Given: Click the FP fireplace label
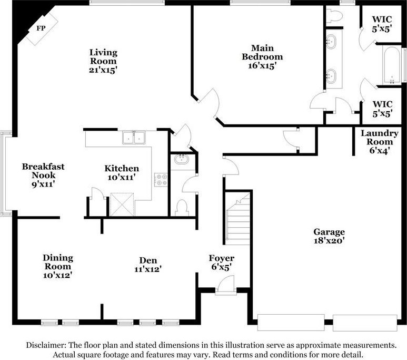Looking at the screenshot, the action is (x=41, y=28).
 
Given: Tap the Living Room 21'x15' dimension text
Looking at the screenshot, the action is (x=103, y=70).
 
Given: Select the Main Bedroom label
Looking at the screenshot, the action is (x=262, y=53).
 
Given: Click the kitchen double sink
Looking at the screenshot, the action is (x=134, y=138).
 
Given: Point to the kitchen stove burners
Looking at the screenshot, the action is (x=161, y=180).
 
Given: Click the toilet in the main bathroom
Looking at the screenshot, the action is (x=334, y=16).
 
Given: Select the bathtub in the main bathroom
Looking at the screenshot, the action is (x=392, y=65).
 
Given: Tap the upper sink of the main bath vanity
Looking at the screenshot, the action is (x=331, y=42).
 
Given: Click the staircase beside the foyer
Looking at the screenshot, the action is (x=238, y=220).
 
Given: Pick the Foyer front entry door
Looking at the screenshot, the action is (x=226, y=285).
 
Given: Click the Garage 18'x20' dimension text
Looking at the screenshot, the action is (x=329, y=240).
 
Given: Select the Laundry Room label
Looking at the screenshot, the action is (x=380, y=138).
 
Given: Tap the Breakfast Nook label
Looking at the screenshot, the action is (x=43, y=171).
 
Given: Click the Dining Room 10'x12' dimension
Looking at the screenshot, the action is (x=57, y=275).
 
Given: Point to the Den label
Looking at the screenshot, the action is (x=148, y=260).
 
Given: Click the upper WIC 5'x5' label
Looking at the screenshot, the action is (x=382, y=24).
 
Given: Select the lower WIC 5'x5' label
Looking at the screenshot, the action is (x=382, y=109).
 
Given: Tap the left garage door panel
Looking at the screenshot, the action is (x=291, y=323).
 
